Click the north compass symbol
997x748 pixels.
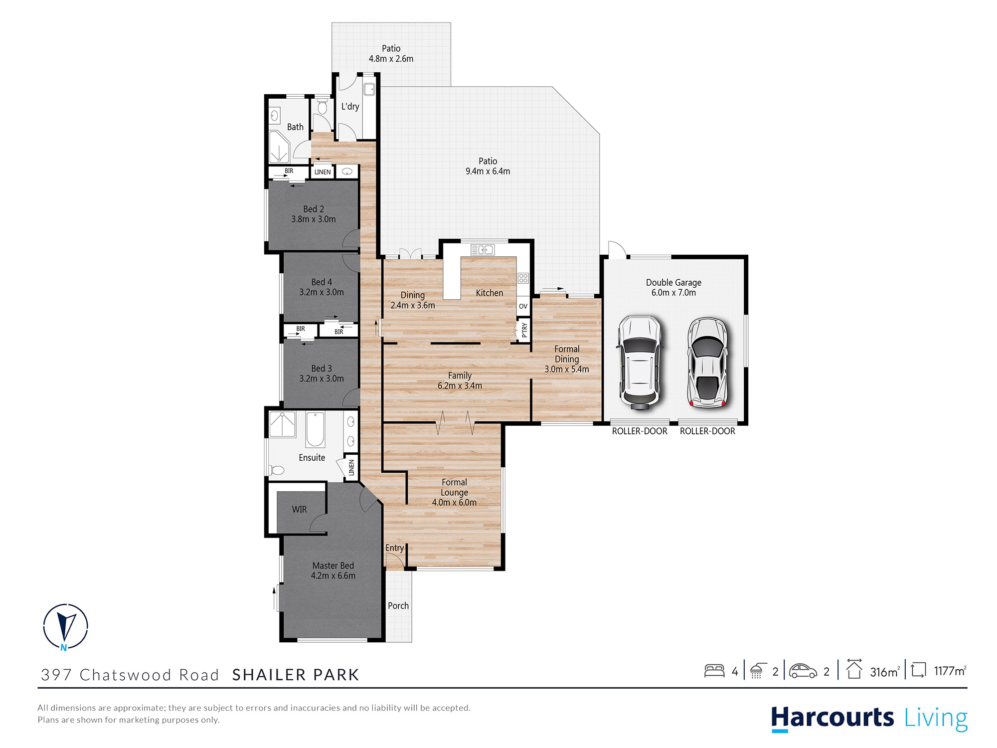click(x=65, y=626)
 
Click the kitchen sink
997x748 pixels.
click(x=482, y=249)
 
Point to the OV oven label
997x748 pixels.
click(x=523, y=306)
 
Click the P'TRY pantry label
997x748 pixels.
click(x=524, y=330)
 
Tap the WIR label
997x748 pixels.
click(x=299, y=509)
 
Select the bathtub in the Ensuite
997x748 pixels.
click(x=315, y=429)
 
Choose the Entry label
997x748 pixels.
click(x=394, y=548)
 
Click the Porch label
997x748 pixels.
click(x=398, y=605)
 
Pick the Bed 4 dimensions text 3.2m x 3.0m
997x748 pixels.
click(x=322, y=292)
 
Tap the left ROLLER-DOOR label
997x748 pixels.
click(x=639, y=431)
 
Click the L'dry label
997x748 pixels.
click(x=350, y=106)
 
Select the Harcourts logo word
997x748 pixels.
click(x=832, y=718)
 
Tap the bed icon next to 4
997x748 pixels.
click(x=714, y=671)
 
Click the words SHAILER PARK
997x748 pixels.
click(x=296, y=675)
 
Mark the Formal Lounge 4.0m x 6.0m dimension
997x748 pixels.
click(x=454, y=503)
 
